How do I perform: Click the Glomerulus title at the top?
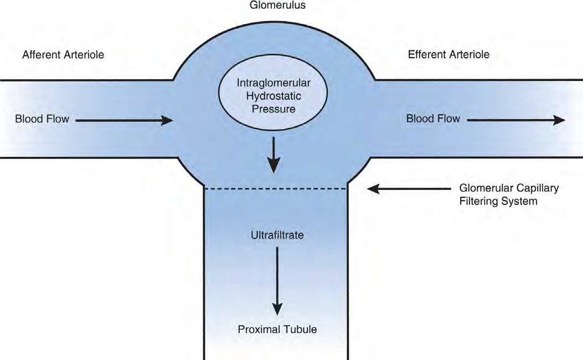point(277,5)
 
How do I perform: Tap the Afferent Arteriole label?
point(63,55)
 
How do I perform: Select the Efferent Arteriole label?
point(449,54)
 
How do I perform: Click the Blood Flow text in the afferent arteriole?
point(42,119)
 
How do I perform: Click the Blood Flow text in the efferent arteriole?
point(433,119)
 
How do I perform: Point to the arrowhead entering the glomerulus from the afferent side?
point(167,120)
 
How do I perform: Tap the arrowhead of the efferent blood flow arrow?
point(559,120)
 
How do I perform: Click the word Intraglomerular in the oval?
point(274,83)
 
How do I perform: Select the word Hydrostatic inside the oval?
point(274,96)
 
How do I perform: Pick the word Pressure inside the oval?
point(274,109)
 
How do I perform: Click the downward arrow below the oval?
point(274,155)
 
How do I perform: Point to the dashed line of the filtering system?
point(276,189)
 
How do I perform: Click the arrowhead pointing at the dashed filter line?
point(373,188)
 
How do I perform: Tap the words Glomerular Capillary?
point(509,188)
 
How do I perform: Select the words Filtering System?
point(498,201)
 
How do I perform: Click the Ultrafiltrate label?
point(277,235)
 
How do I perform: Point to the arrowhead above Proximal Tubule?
point(277,308)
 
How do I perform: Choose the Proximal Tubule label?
point(277,329)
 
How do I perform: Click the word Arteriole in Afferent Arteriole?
point(84,55)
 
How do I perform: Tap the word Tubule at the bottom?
point(300,329)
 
